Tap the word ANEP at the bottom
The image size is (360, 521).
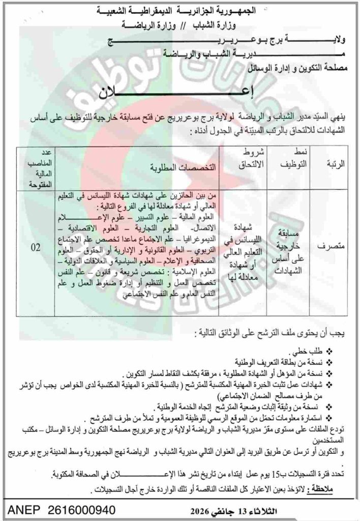(19, 509)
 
